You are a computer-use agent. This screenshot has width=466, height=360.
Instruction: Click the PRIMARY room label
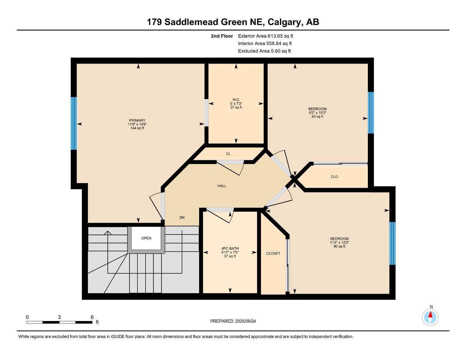(x=137, y=120)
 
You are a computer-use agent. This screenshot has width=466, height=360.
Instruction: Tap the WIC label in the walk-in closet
(x=236, y=100)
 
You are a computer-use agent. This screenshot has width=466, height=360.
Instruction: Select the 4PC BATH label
(x=230, y=249)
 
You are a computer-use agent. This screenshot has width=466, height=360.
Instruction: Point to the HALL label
(x=222, y=186)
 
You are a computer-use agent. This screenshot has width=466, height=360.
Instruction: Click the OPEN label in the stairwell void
(x=146, y=238)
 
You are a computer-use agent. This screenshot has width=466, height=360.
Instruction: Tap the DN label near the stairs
(x=182, y=218)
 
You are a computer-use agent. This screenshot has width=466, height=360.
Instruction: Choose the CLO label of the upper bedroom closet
(x=334, y=177)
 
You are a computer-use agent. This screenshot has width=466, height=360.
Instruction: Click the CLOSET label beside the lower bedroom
(x=273, y=253)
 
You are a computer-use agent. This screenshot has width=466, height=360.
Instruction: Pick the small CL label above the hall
(x=228, y=154)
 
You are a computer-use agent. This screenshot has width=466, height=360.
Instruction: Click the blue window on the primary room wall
(x=74, y=123)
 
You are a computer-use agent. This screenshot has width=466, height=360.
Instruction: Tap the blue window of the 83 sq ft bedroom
(x=371, y=112)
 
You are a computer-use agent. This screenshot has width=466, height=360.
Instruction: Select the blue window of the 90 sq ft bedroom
(x=392, y=243)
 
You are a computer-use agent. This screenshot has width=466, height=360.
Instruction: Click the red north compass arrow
(x=430, y=315)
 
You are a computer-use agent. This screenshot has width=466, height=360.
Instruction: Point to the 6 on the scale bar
(x=92, y=317)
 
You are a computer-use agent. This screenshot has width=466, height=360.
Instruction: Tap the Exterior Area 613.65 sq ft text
(x=266, y=36)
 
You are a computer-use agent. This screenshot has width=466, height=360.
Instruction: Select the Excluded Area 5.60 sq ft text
(x=264, y=51)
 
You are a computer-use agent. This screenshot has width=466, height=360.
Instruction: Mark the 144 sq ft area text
(x=137, y=128)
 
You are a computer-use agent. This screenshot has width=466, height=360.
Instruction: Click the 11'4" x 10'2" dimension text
(x=339, y=243)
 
